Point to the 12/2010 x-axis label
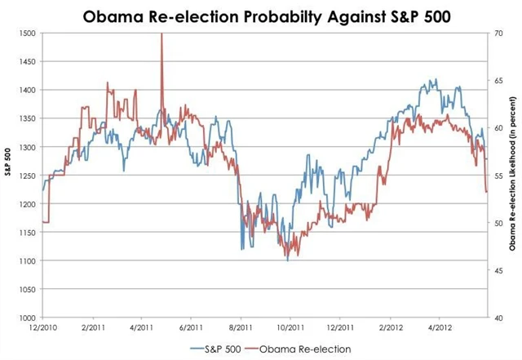pyautogui.click(x=43, y=329)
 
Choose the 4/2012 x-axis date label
pyautogui.click(x=440, y=329)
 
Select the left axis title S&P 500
pyautogui.click(x=7, y=175)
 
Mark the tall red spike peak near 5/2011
pyautogui.click(x=161, y=33)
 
